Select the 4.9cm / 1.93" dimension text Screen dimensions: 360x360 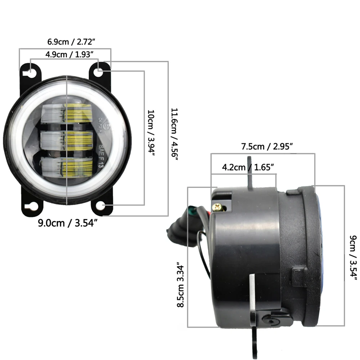(x=70, y=54)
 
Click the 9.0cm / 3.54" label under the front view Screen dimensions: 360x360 (x=68, y=223)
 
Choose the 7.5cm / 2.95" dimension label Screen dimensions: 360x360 (x=267, y=147)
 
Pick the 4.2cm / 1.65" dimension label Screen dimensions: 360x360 (x=248, y=167)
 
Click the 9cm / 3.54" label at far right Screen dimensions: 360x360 (x=353, y=258)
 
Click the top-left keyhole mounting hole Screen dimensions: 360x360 (x=31, y=72)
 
